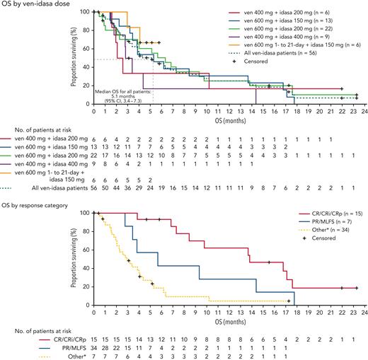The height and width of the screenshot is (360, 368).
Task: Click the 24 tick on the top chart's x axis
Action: (x=357, y=109)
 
